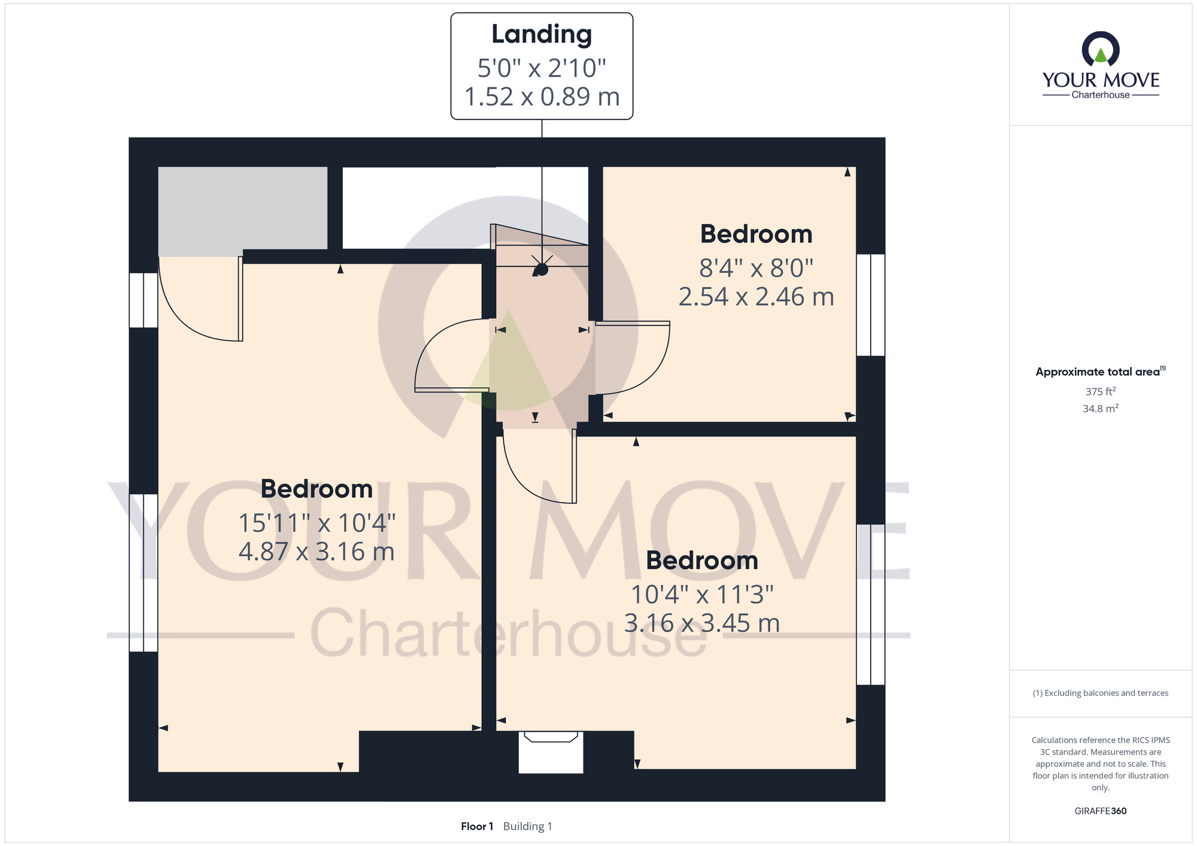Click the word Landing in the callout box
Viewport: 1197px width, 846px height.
[x=542, y=35]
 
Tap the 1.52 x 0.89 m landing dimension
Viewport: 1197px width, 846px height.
[x=542, y=97]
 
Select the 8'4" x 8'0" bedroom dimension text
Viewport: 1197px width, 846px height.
[x=757, y=268]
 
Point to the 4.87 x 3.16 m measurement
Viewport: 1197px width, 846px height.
[x=317, y=551]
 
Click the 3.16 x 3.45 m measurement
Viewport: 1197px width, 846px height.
[x=702, y=623]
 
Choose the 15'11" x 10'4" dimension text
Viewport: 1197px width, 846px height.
[x=317, y=523]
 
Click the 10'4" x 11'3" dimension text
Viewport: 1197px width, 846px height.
[x=702, y=595]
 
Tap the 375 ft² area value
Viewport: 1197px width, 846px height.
[x=1101, y=392]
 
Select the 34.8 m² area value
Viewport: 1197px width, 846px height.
[x=1101, y=409]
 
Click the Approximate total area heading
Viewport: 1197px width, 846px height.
[x=1101, y=372]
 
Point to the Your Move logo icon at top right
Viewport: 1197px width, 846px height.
[x=1101, y=48]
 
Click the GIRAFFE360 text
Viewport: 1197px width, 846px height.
[x=1101, y=811]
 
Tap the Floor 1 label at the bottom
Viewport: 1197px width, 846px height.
[x=477, y=826]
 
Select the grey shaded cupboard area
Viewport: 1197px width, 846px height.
[x=242, y=211]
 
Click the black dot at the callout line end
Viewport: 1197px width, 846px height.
[x=542, y=269]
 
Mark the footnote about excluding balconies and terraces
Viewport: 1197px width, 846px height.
[x=1101, y=693]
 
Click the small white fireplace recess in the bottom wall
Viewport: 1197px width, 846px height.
[x=551, y=752]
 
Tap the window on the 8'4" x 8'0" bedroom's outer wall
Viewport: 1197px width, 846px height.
[x=870, y=305]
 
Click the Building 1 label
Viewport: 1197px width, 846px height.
[x=528, y=826]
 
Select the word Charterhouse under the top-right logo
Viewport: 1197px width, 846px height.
[x=1101, y=95]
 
